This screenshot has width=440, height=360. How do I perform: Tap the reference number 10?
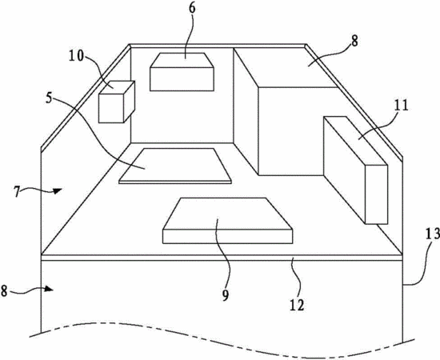[77, 56]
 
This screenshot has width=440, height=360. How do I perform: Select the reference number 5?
[49, 98]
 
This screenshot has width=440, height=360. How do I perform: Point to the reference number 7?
[17, 192]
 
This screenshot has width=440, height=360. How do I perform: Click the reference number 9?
[226, 295]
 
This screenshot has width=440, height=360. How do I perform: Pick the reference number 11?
[401, 106]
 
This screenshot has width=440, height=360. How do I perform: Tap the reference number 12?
[297, 305]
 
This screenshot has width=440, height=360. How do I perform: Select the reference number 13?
[432, 234]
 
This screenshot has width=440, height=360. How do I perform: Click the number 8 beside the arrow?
[4, 290]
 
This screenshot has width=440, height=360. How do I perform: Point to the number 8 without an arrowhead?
[354, 42]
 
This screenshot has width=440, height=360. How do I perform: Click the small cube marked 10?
[117, 102]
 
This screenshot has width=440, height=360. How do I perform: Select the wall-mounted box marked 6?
[182, 72]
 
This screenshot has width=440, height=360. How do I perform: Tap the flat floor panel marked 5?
[175, 166]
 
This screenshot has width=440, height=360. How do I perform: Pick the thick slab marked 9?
[227, 221]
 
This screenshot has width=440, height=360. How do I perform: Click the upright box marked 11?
[355, 170]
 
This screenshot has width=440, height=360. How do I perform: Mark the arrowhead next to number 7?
[58, 191]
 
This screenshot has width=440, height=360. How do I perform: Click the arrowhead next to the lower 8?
[49, 289]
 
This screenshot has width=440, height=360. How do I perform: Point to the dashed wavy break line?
[222, 339]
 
